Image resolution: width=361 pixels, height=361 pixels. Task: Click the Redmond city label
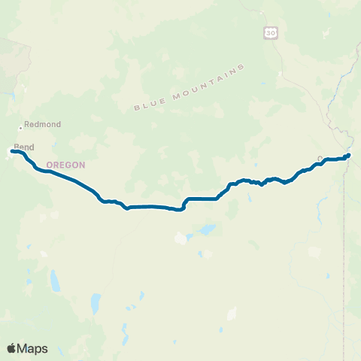42,124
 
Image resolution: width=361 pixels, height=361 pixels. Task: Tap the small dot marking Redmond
21,129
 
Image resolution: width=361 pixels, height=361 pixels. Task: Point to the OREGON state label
66,165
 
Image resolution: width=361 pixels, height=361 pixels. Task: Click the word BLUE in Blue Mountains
147,105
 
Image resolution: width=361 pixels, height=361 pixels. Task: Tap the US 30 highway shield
271,32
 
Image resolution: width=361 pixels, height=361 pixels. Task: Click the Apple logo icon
11,348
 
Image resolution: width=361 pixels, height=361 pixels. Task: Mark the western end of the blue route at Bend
11,151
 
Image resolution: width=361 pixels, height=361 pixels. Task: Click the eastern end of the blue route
348,156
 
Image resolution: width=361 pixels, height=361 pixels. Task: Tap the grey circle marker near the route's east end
320,159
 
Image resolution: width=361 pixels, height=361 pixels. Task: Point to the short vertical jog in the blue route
184,204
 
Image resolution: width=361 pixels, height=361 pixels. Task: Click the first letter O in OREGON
50,165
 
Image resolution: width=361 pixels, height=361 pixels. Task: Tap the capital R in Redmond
27,124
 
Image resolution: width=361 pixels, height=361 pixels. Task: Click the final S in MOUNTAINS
243,68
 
